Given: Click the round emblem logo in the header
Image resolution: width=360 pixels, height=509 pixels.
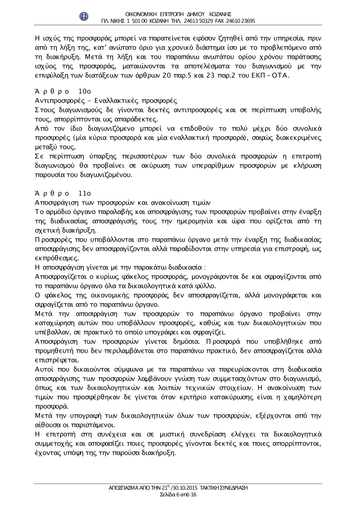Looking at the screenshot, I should pyautogui.click(x=84, y=17).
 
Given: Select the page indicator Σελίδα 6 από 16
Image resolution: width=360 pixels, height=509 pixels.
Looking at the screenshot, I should pyautogui.click(x=178, y=495).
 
